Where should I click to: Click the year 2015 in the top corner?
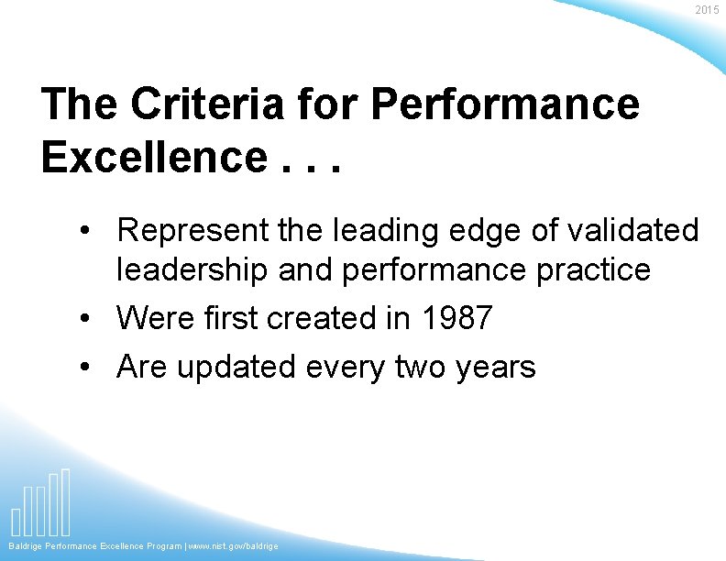[x=707, y=10]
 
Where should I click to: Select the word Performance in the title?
[x=505, y=104]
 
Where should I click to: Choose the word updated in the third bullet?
[x=236, y=368]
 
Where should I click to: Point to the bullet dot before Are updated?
[x=84, y=368]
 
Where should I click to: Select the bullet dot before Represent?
[x=84, y=231]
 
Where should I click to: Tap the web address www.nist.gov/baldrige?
[x=235, y=546]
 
